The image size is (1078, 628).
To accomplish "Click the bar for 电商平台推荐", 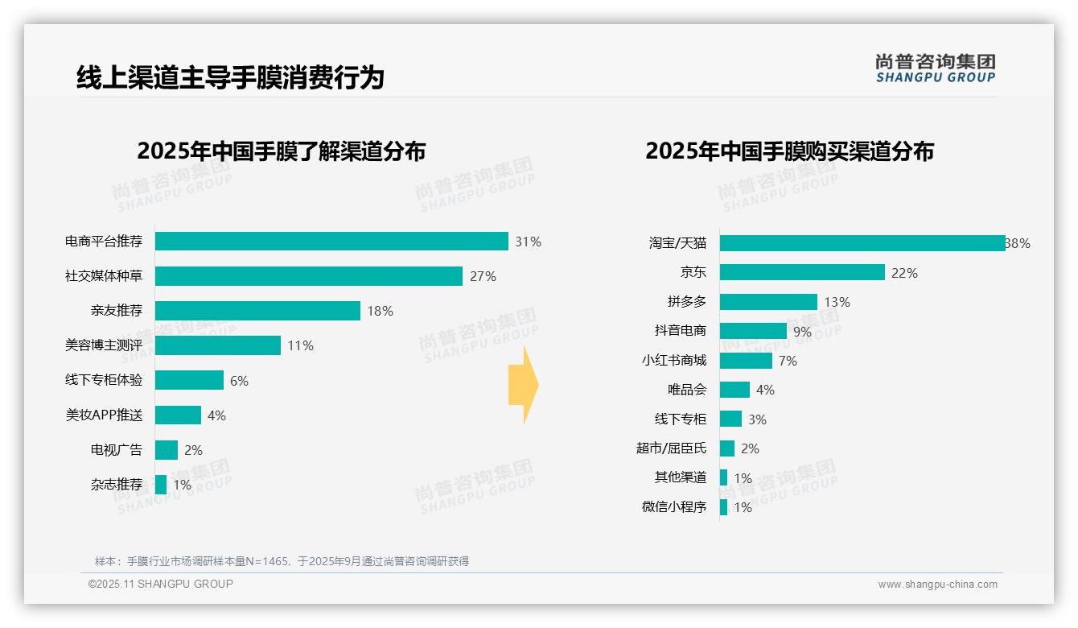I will tap(331, 242).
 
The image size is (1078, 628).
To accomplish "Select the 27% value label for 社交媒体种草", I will tap(483, 276).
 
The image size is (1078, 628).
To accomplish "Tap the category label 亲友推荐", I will tap(117, 311).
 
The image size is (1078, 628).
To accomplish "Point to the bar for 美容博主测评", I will tap(218, 345).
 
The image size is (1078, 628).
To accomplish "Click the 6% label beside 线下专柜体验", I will tap(239, 381).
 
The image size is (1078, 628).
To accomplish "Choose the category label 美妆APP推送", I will tap(104, 415).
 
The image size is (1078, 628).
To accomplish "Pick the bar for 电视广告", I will tap(167, 450).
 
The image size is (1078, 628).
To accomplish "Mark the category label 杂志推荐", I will tap(117, 485).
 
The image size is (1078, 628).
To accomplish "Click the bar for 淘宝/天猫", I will tap(862, 243).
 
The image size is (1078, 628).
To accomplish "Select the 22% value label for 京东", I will tap(904, 273).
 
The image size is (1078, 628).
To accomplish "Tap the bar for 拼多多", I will tap(768, 302).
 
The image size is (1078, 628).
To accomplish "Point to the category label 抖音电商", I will tap(681, 331).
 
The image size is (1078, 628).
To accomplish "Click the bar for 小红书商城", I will tap(746, 361).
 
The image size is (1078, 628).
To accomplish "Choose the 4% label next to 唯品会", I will tap(765, 390).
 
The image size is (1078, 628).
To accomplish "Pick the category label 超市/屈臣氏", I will tap(671, 448).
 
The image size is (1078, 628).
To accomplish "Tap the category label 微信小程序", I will tap(674, 507).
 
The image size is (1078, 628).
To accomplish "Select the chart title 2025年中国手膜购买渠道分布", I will tap(789, 151).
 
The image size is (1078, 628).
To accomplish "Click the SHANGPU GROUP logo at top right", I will tap(936, 68).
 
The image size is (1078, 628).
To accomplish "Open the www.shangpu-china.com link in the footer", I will tap(937, 585).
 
